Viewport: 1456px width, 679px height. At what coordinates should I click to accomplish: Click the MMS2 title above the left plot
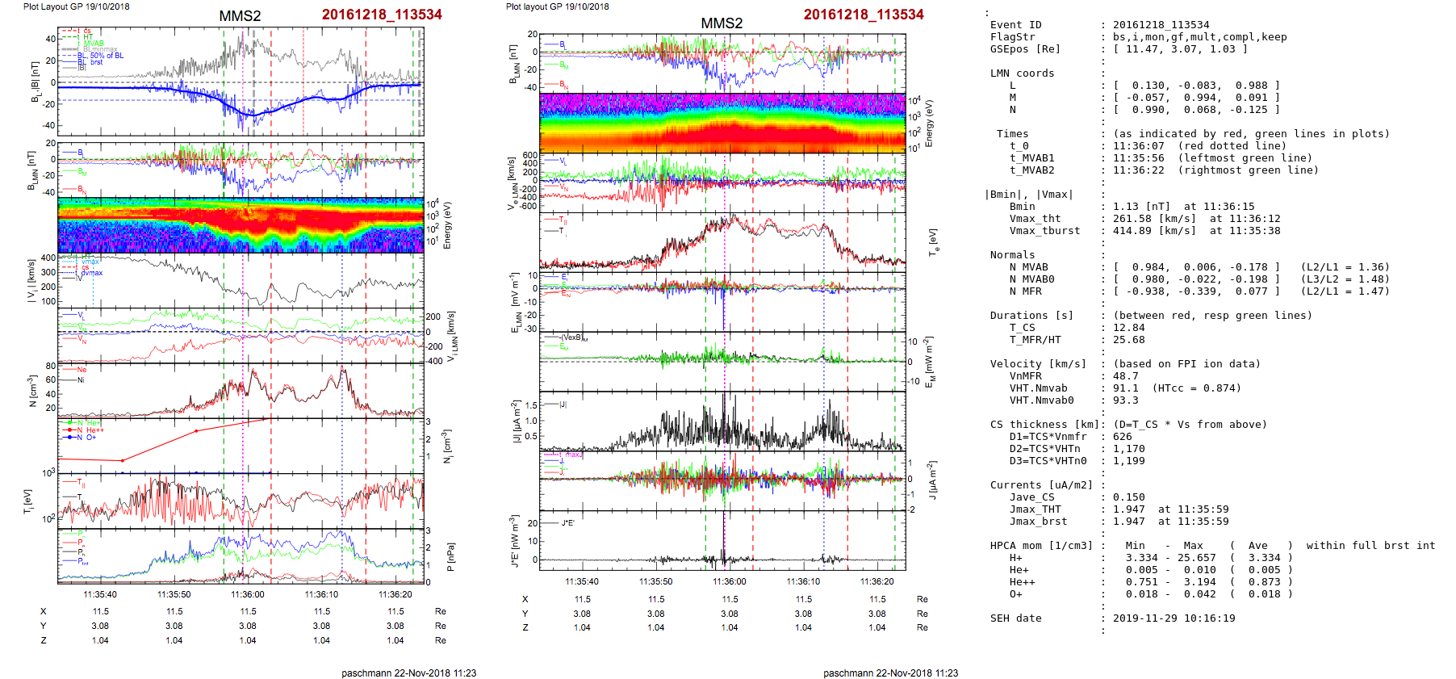[240, 16]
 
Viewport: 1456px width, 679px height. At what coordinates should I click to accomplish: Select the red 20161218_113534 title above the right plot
[863, 15]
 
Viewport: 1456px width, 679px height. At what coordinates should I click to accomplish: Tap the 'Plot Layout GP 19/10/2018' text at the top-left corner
[76, 6]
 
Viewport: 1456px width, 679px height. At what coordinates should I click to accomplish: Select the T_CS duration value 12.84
[1128, 328]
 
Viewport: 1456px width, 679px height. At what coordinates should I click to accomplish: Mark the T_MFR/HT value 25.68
[1128, 340]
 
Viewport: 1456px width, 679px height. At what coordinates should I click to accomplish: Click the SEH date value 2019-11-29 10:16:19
[1174, 618]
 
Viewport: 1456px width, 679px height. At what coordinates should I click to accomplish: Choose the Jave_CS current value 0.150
[1128, 497]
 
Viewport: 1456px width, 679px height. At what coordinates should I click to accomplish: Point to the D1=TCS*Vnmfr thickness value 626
[1122, 437]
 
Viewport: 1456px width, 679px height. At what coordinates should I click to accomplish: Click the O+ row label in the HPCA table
[1015, 594]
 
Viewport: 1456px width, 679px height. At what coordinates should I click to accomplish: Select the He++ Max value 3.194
[1199, 582]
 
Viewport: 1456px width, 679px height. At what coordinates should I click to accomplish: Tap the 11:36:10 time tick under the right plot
[803, 581]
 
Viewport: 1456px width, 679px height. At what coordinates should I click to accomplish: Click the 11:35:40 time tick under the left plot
[100, 594]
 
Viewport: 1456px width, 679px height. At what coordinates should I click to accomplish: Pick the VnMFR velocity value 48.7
[1125, 376]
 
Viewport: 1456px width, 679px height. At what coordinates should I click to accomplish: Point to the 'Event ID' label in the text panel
[1015, 25]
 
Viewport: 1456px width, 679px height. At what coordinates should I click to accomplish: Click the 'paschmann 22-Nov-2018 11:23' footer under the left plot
[408, 673]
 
